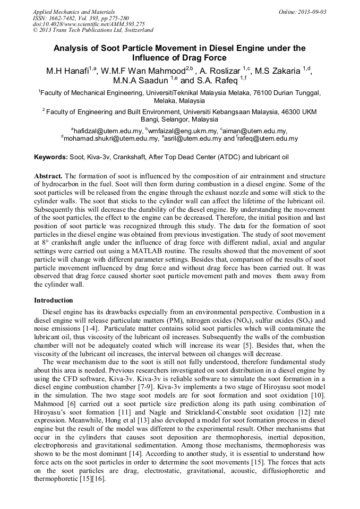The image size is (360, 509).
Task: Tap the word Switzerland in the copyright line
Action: tap(136, 31)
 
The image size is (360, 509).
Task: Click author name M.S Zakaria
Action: tap(279, 71)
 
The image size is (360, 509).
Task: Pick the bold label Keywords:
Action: tap(51, 157)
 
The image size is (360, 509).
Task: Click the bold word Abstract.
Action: tap(48, 176)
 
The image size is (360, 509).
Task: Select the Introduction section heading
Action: tap(53, 300)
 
